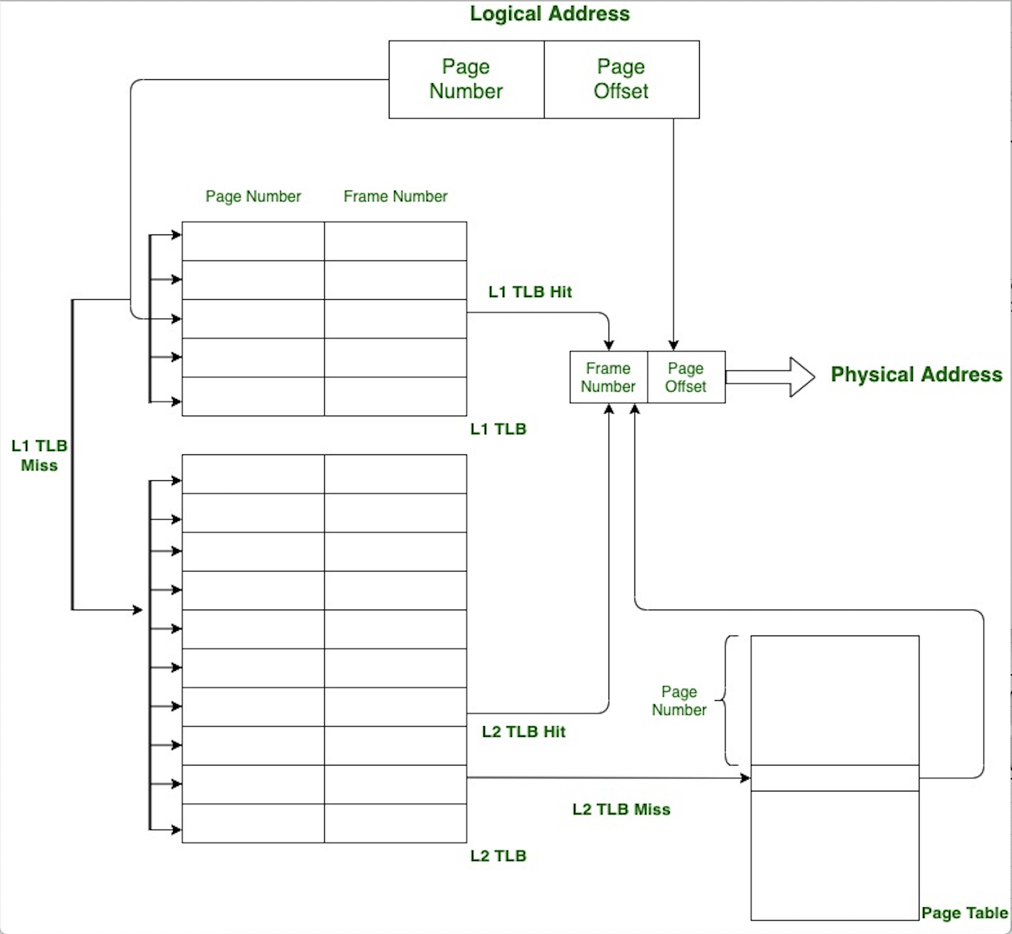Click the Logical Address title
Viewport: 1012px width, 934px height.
click(549, 14)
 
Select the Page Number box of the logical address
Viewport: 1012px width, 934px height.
click(466, 79)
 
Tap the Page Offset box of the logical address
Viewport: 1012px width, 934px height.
click(621, 79)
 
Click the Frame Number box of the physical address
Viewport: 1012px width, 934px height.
click(608, 377)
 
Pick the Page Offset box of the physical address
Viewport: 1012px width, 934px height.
click(686, 377)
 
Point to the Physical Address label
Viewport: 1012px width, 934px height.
click(916, 374)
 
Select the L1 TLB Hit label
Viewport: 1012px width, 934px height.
click(530, 292)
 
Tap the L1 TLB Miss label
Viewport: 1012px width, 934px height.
click(39, 456)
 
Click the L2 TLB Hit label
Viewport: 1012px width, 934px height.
click(523, 731)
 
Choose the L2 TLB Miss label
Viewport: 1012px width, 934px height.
click(621, 809)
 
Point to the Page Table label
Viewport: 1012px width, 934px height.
click(964, 913)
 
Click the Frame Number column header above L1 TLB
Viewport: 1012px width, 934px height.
click(395, 197)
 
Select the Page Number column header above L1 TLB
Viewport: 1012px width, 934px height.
click(253, 197)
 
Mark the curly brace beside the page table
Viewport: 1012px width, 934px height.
click(727, 700)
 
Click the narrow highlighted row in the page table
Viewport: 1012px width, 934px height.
click(835, 778)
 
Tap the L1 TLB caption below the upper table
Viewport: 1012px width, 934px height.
click(498, 429)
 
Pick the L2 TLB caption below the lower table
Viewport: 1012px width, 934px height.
click(498, 856)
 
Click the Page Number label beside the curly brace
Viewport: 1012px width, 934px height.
click(679, 701)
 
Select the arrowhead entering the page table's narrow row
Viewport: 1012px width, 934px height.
click(745, 778)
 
